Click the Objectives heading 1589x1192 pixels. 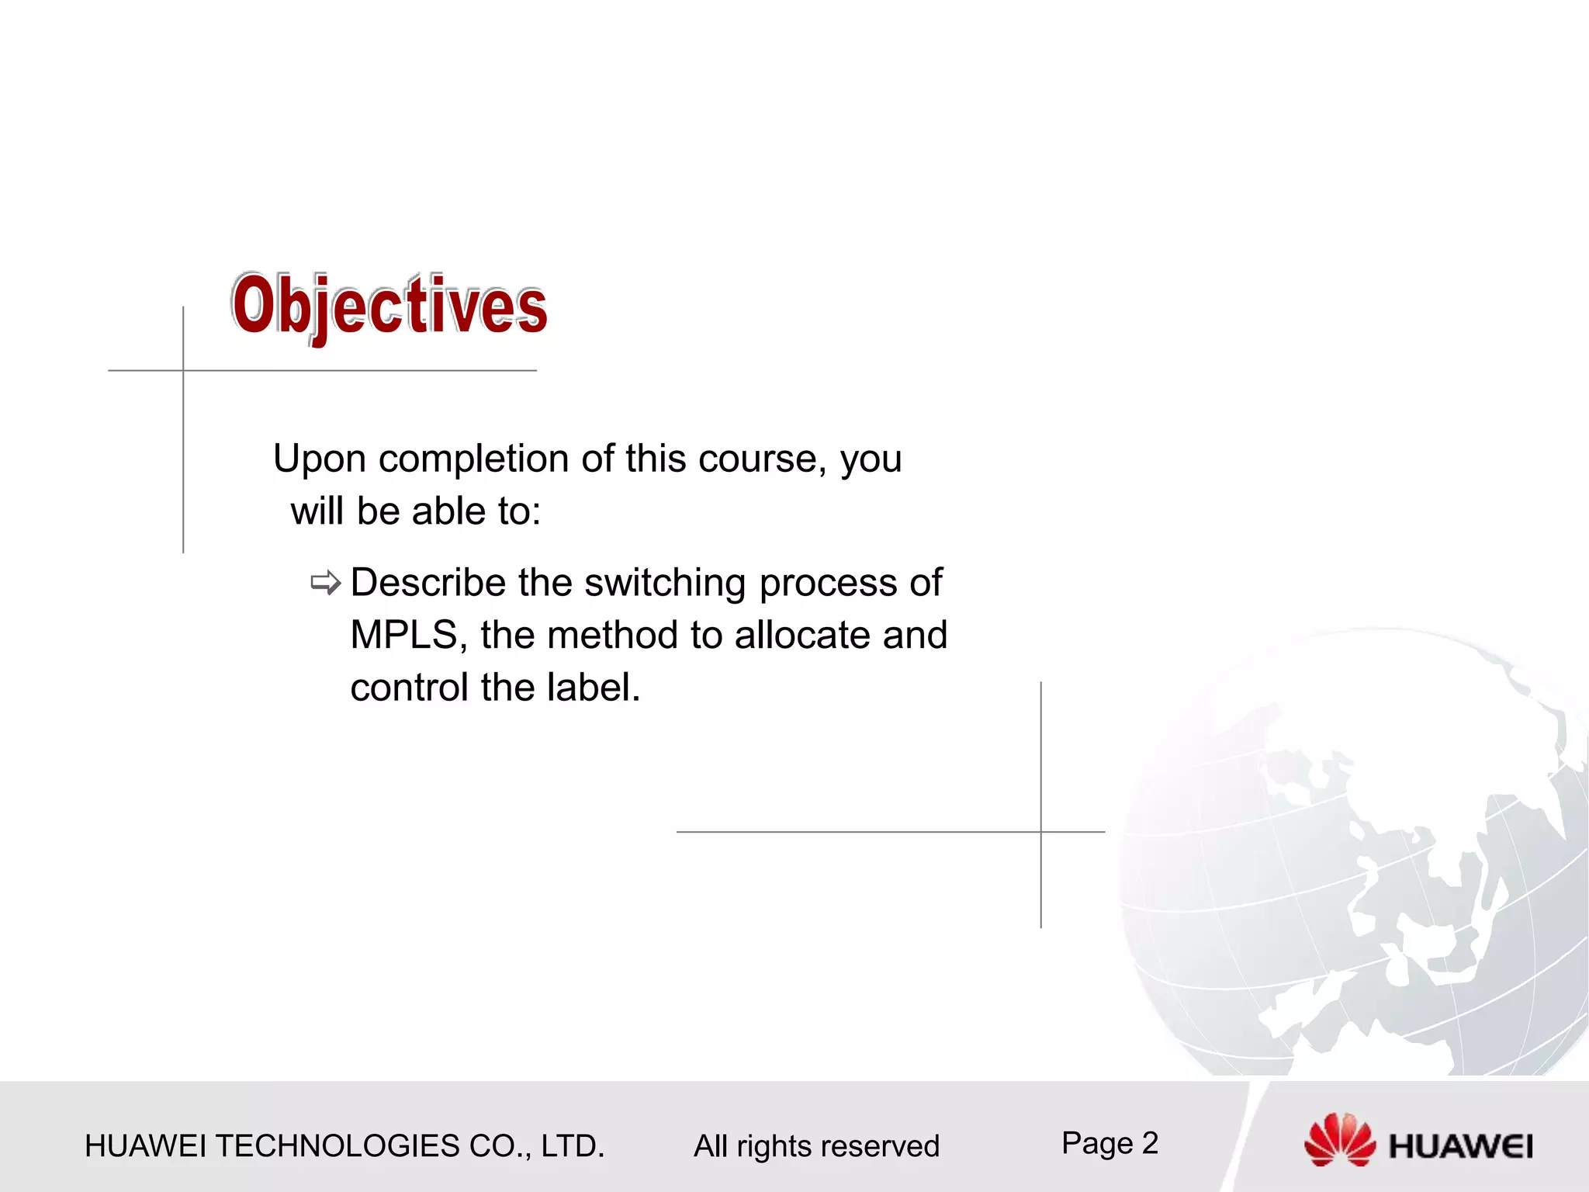point(389,307)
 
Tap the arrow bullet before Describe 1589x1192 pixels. point(325,583)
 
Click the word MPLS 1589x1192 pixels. point(403,635)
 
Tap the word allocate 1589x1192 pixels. point(802,635)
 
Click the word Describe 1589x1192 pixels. point(428,583)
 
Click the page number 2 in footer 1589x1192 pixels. point(1150,1143)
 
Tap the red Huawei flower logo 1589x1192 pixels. point(1340,1139)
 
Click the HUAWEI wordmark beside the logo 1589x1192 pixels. point(1461,1147)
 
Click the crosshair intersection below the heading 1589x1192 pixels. point(184,371)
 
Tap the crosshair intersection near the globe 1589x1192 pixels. point(1041,832)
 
